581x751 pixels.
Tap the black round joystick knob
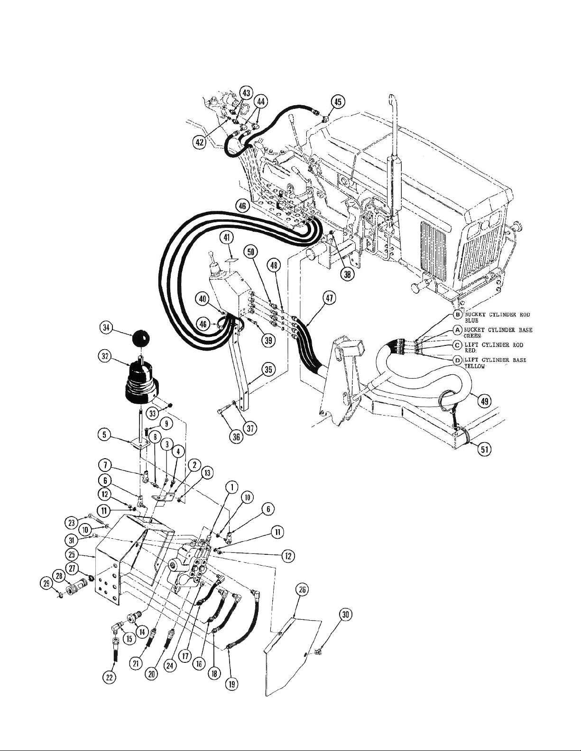141,339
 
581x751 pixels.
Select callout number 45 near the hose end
338,101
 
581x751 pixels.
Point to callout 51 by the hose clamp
484,450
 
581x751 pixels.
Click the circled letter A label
458,330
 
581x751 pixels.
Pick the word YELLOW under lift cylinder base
474,368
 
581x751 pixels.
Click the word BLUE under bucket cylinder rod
471,321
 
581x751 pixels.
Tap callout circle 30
346,615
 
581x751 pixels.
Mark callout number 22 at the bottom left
110,678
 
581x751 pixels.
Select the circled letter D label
458,361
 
